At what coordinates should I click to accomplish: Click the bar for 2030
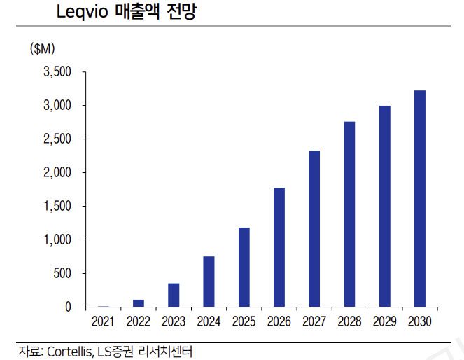(420, 199)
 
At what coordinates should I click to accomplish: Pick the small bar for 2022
(139, 303)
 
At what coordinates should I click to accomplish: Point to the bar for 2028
(349, 214)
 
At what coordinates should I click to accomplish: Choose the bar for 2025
(244, 267)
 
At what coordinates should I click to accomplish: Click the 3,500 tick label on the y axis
(57, 72)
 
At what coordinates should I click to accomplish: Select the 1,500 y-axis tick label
(57, 207)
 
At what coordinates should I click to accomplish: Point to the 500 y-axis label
(62, 274)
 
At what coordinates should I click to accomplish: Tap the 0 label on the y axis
(69, 307)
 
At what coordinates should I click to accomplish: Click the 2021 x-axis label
(104, 322)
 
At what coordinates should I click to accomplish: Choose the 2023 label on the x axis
(174, 322)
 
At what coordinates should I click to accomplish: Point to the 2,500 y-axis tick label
(57, 139)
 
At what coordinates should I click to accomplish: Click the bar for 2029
(385, 206)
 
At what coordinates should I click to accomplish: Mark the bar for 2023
(174, 295)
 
